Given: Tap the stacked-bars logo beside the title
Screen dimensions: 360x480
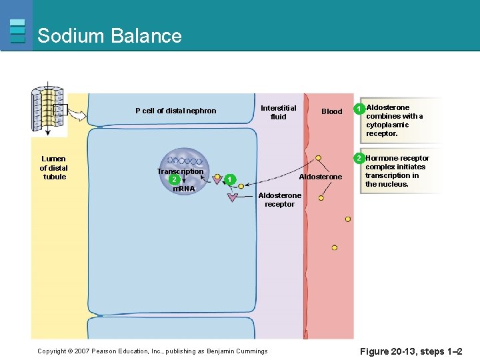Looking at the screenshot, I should click(18, 31).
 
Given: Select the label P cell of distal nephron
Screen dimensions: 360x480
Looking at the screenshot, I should click(175, 111).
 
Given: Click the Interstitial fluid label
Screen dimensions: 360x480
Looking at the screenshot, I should click(278, 112).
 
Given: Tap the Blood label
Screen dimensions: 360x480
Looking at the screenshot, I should click(331, 111).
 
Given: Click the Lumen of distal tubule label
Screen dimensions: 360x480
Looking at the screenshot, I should click(54, 168).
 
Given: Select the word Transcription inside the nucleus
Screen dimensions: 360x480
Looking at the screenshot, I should click(180, 171).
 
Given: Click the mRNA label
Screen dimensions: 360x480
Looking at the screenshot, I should click(183, 189).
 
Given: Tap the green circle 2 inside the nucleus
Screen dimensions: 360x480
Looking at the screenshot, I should click(173, 179).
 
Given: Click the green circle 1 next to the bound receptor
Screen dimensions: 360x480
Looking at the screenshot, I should click(229, 179).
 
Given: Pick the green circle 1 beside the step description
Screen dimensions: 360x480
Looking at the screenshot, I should click(359, 108).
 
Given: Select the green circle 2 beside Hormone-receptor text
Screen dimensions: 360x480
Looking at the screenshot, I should click(359, 158).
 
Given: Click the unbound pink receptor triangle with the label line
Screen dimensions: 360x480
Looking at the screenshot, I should click(232, 197).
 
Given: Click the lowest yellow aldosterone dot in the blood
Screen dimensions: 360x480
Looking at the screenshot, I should click(334, 247).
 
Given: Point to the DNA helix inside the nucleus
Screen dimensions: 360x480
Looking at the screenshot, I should click(181, 161).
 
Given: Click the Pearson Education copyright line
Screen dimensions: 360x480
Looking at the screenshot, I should click(152, 351).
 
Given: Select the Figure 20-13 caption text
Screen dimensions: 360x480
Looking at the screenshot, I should click(411, 351).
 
